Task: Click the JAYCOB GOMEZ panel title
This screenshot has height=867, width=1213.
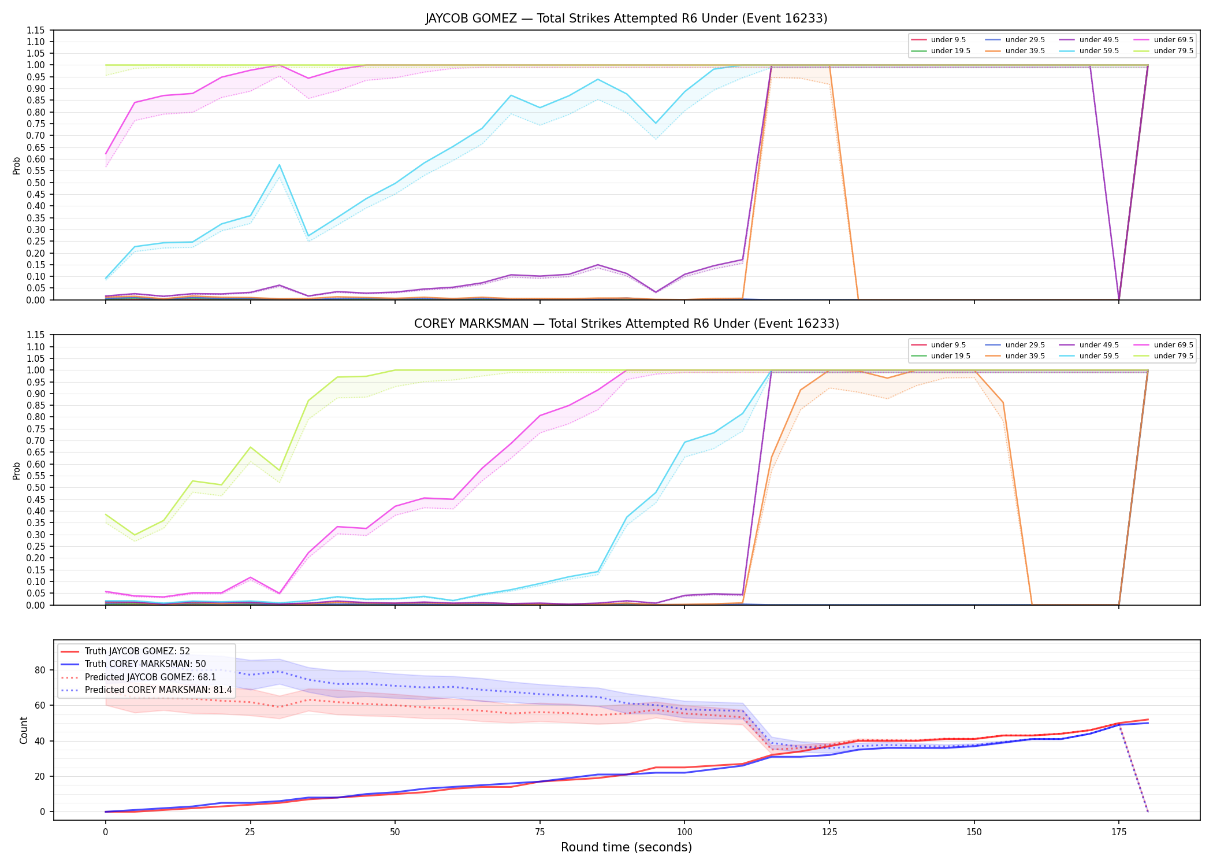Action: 626,18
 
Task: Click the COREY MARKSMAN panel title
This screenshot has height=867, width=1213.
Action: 626,324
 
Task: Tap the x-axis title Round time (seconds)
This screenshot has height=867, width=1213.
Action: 626,847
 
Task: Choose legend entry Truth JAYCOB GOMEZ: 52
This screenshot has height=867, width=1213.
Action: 137,651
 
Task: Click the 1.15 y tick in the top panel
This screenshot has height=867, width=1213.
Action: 36,30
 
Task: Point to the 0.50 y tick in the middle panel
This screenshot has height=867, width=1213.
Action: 36,488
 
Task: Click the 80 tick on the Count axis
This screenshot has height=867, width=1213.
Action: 39,670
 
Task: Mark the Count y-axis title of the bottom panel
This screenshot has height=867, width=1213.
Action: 24,730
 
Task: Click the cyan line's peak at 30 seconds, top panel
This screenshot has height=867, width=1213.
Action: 279,165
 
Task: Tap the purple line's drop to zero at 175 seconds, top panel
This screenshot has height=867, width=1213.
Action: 1119,299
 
